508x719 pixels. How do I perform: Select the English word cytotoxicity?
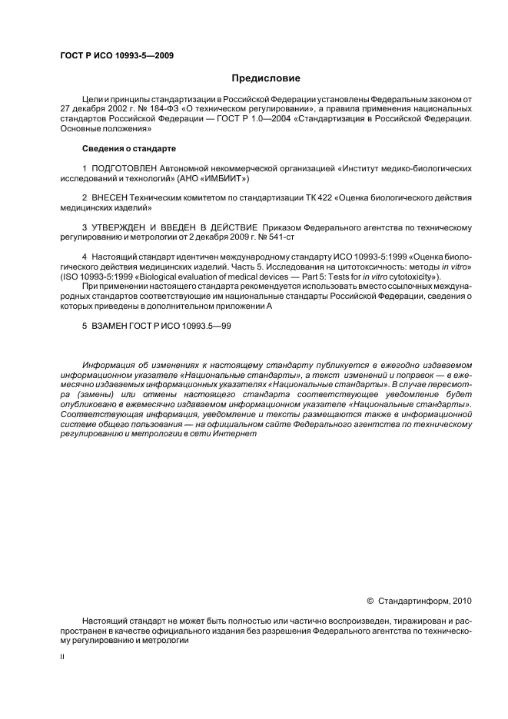(x=413, y=277)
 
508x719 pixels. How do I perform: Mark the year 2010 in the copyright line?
(x=460, y=601)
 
